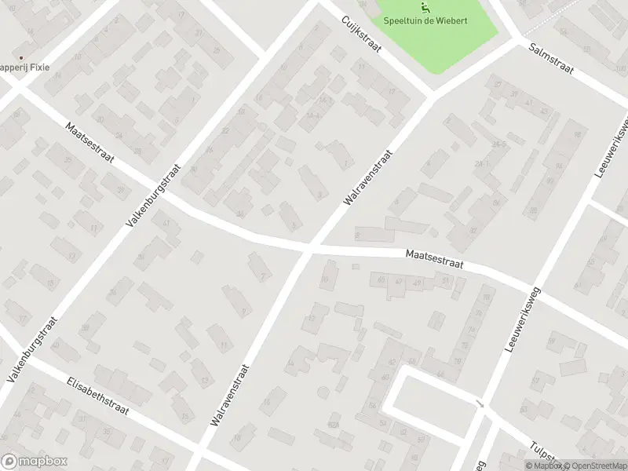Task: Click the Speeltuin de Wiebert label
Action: click(x=425, y=20)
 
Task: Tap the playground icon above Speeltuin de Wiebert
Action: click(x=425, y=9)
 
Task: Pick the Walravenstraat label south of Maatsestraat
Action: click(x=230, y=394)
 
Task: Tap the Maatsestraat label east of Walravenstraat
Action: click(x=434, y=260)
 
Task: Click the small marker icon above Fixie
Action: click(x=20, y=57)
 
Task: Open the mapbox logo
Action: click(x=35, y=462)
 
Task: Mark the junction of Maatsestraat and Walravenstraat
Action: click(x=308, y=248)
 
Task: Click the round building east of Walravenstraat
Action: click(x=321, y=392)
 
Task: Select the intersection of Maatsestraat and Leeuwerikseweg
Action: click(x=534, y=289)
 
